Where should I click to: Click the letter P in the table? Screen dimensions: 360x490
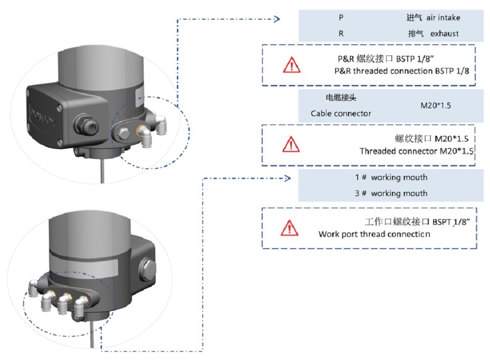(341, 18)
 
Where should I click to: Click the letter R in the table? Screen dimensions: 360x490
(341, 34)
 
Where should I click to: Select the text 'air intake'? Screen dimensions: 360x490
(443, 18)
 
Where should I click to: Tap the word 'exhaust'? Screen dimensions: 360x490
(444, 34)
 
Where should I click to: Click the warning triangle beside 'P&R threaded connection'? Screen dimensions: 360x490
(291, 65)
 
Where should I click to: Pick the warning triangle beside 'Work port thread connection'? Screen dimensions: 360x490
(291, 228)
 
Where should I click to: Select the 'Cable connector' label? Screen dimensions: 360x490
(341, 113)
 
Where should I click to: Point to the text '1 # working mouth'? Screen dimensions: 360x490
(391, 177)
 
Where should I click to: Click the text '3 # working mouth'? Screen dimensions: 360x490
(391, 193)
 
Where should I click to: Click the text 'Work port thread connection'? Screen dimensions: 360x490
(374, 234)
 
